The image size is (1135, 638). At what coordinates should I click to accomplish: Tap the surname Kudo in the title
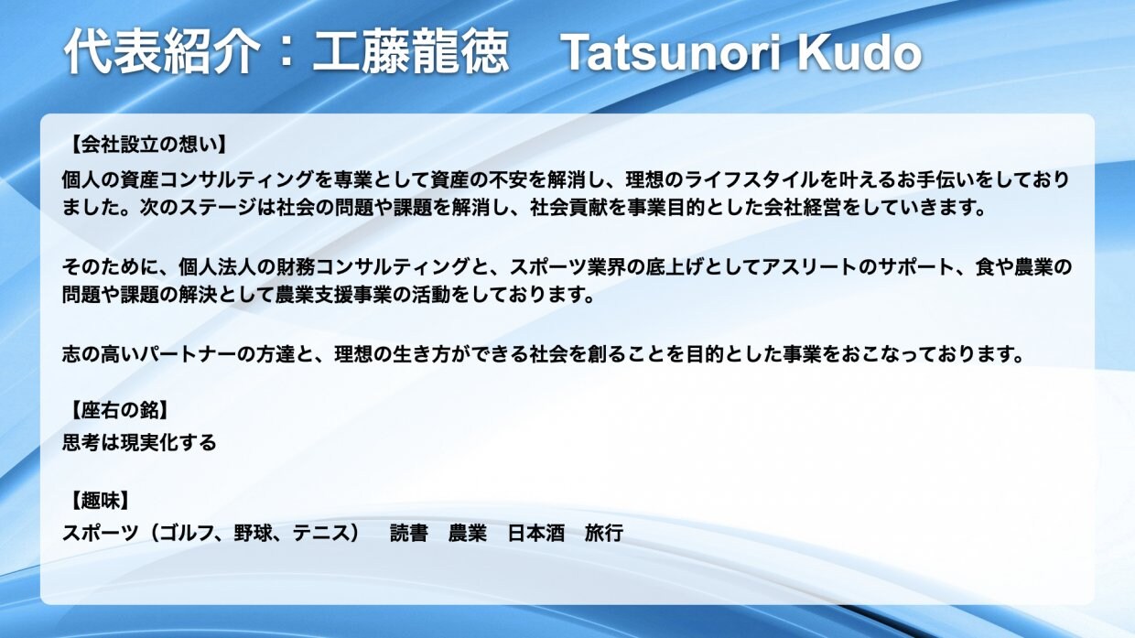[858, 54]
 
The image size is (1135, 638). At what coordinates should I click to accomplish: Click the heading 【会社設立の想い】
[147, 144]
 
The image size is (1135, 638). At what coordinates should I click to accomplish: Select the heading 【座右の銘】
[119, 410]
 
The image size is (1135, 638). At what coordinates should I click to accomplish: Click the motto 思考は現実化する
[139, 443]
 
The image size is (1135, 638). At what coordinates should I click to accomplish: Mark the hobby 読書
[409, 533]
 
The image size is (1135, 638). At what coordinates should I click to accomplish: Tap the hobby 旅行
[603, 533]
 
